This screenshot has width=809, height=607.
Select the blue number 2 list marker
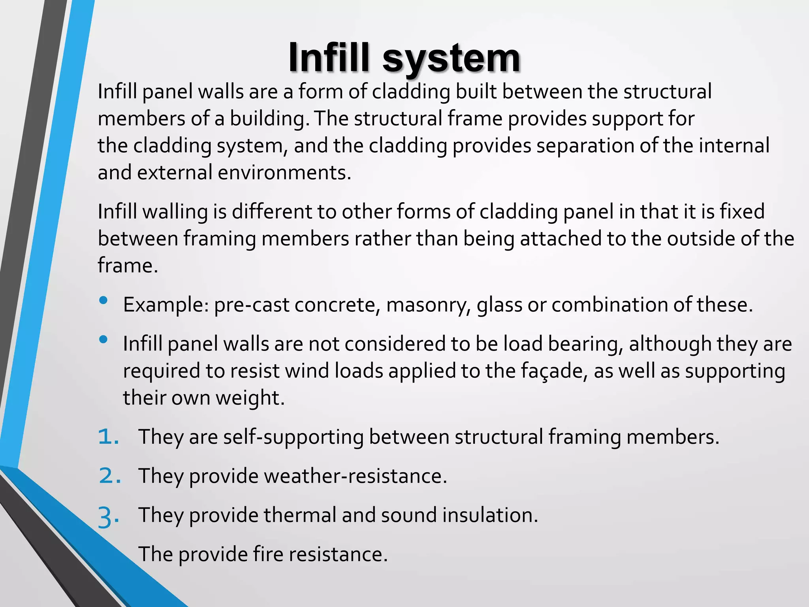109,476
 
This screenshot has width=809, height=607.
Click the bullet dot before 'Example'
103,301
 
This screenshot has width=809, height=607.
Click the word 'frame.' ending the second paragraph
128,266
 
